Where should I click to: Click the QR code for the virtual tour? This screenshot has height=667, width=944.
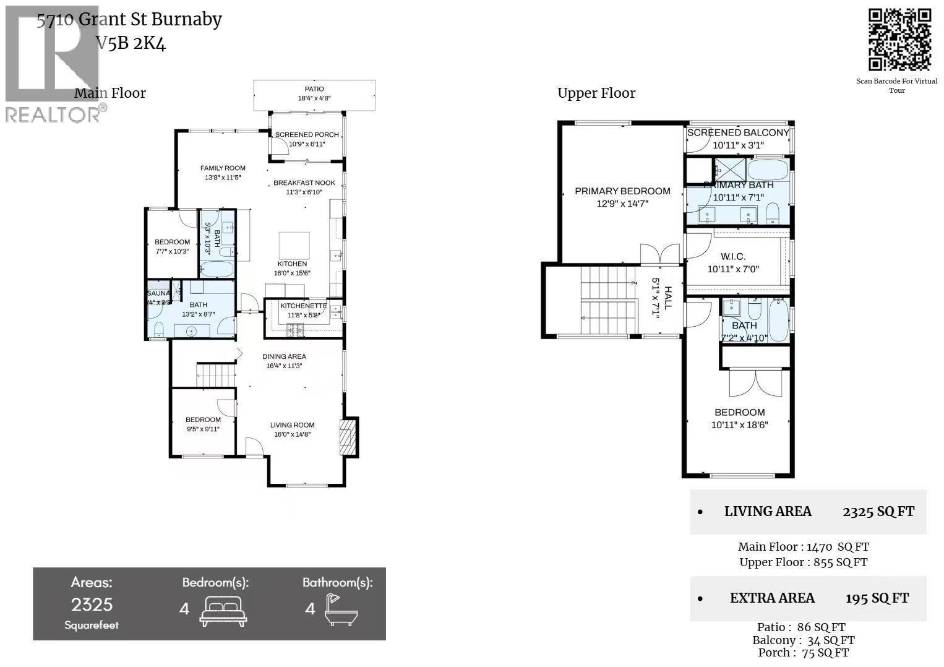pyautogui.click(x=899, y=40)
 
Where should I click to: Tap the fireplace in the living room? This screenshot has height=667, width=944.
pyautogui.click(x=348, y=437)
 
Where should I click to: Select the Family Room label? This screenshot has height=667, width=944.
pyautogui.click(x=223, y=168)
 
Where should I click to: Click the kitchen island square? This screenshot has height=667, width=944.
pyautogui.click(x=294, y=245)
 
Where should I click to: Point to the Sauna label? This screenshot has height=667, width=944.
pyautogui.click(x=158, y=293)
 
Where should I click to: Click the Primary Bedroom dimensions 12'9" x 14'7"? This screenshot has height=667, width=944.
pyautogui.click(x=622, y=203)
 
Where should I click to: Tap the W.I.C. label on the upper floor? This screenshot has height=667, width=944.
pyautogui.click(x=732, y=256)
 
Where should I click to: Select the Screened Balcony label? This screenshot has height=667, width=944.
pyautogui.click(x=738, y=132)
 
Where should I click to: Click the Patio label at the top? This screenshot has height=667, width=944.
pyautogui.click(x=314, y=89)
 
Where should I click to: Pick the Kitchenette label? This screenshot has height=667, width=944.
pyautogui.click(x=303, y=306)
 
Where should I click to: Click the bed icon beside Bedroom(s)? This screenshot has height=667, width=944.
pyautogui.click(x=223, y=610)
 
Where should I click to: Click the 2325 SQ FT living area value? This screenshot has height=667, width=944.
pyautogui.click(x=878, y=512)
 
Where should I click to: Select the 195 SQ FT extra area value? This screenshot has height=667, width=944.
pyautogui.click(x=877, y=598)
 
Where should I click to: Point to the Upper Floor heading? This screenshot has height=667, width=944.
pyautogui.click(x=596, y=93)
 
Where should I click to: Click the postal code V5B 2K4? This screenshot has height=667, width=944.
pyautogui.click(x=131, y=43)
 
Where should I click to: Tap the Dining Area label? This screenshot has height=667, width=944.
pyautogui.click(x=284, y=356)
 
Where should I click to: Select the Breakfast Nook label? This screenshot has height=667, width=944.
pyautogui.click(x=304, y=183)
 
